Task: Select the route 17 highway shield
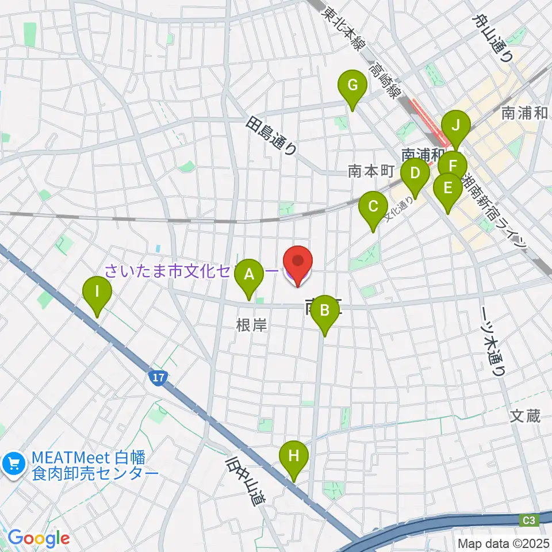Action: (x=159, y=378)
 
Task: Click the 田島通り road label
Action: (x=272, y=136)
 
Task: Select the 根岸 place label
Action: (x=251, y=326)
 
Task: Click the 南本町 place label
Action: (x=370, y=171)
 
